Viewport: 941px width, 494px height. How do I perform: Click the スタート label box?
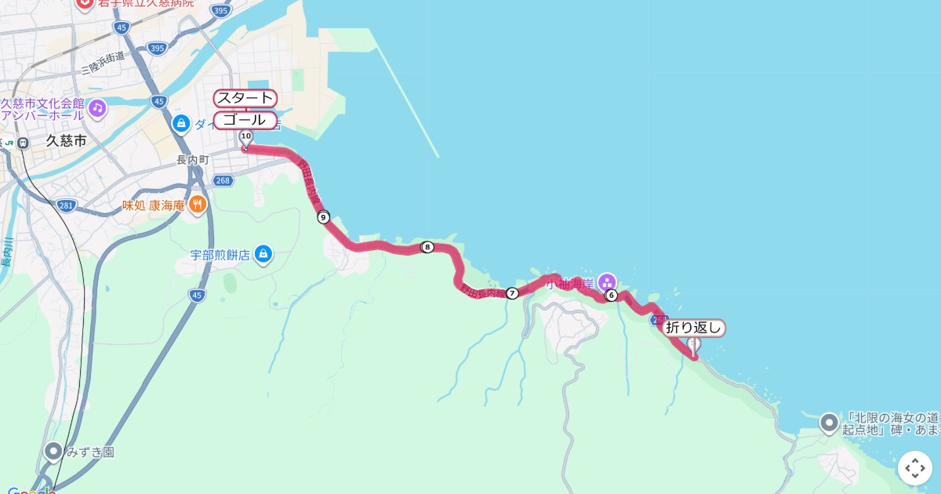(245, 98)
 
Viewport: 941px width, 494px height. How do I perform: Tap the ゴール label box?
(245, 120)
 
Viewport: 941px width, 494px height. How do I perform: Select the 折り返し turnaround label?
(694, 328)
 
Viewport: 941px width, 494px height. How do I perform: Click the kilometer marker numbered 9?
(324, 217)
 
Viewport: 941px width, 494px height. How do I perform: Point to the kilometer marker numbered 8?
(427, 247)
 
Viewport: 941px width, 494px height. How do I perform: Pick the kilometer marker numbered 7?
(512, 293)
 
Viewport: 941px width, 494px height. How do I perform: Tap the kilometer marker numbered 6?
(611, 296)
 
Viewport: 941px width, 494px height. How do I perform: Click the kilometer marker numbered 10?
(245, 136)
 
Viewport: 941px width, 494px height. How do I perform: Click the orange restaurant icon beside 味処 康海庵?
(197, 205)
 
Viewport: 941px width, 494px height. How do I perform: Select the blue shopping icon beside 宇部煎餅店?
(263, 254)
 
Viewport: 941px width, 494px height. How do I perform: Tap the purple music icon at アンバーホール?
(97, 107)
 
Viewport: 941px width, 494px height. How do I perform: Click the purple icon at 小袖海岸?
(606, 282)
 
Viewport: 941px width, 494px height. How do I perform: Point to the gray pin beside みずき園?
(53, 452)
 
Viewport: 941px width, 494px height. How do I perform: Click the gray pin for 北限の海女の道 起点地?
(829, 423)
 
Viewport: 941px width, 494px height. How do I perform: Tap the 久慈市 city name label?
(66, 141)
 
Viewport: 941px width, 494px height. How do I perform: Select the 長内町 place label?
(193, 160)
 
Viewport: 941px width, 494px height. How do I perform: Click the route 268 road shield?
(223, 180)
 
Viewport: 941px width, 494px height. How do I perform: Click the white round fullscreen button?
(915, 468)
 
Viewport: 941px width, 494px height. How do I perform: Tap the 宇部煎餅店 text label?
(220, 255)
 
